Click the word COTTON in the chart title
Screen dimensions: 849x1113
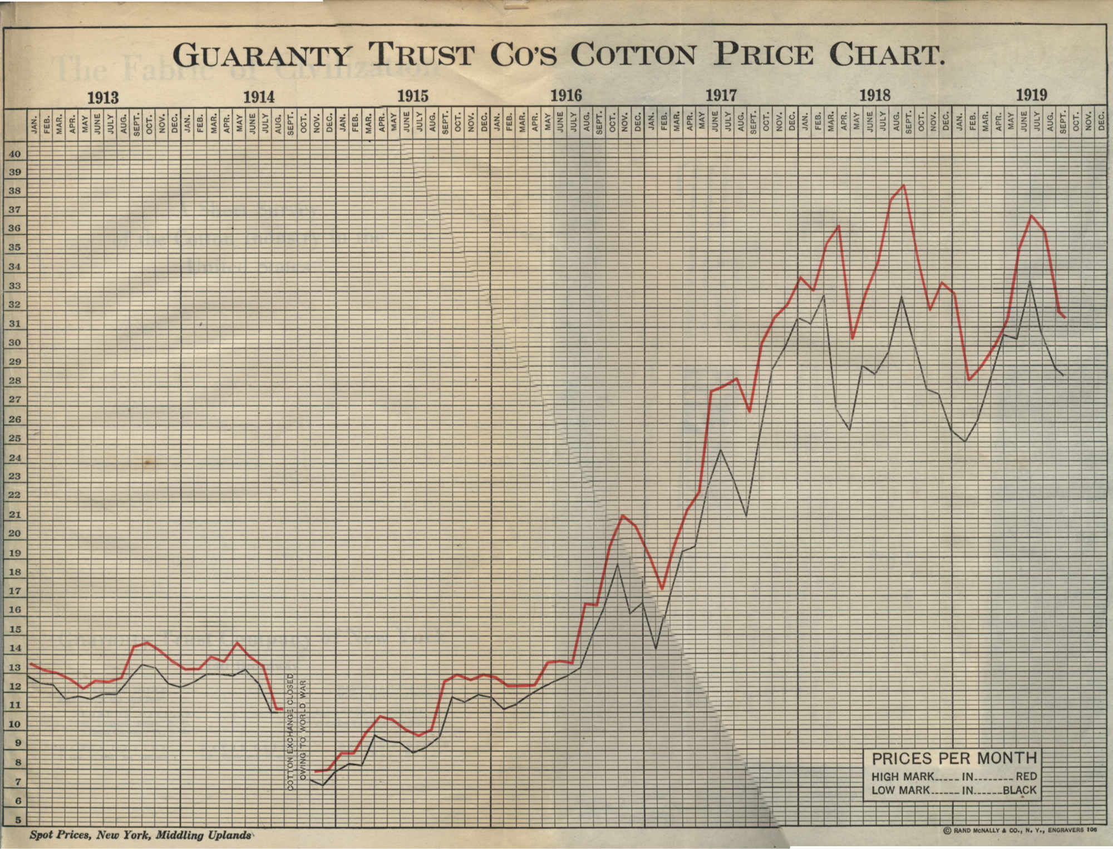pyautogui.click(x=633, y=56)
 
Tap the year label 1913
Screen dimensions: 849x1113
pyautogui.click(x=103, y=98)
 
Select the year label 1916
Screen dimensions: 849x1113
pyautogui.click(x=566, y=96)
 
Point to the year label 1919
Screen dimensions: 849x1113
pyautogui.click(x=1031, y=95)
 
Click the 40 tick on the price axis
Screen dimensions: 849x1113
pyautogui.click(x=14, y=154)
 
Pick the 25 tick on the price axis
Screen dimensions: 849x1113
pyautogui.click(x=14, y=438)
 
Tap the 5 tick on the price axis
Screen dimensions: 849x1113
pyautogui.click(x=18, y=820)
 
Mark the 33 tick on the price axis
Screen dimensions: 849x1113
pyautogui.click(x=14, y=286)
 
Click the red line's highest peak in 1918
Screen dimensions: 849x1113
pyautogui.click(x=903, y=185)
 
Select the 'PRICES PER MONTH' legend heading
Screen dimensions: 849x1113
pyautogui.click(x=954, y=758)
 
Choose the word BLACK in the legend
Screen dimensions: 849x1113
pyautogui.click(x=1020, y=790)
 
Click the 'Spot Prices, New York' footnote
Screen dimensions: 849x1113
pyautogui.click(x=140, y=835)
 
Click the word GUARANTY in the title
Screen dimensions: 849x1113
pyautogui.click(x=262, y=56)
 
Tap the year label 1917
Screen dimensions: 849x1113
pyautogui.click(x=721, y=96)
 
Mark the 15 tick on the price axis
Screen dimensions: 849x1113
pyautogui.click(x=14, y=629)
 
